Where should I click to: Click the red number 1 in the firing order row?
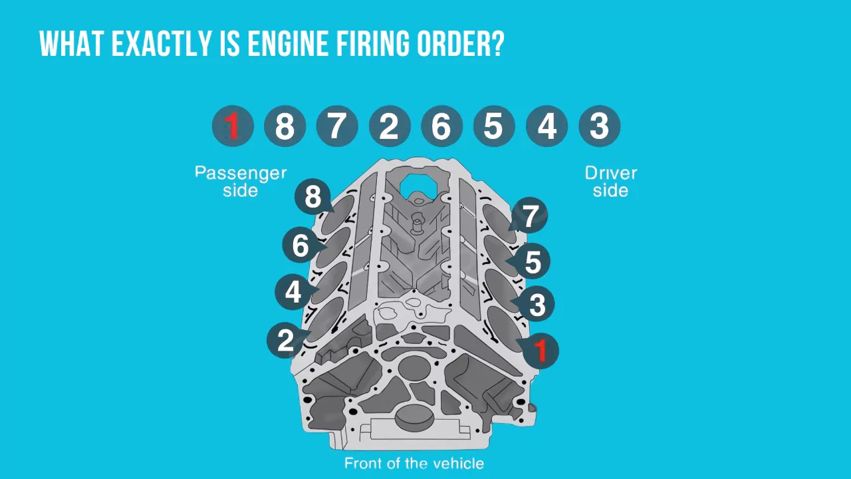(233, 126)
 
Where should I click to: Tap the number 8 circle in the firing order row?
(285, 126)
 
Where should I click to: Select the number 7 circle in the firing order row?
(337, 126)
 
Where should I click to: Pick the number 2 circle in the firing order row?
(390, 126)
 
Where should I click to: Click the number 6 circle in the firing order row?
(441, 126)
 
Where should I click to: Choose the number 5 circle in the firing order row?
(494, 126)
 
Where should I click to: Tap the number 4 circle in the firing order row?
(547, 126)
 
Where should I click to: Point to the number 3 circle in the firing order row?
(599, 126)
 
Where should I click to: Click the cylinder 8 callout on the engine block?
(313, 197)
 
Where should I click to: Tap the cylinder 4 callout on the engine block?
(293, 292)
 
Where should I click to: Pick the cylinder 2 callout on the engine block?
(286, 340)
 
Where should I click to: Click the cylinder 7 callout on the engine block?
(529, 216)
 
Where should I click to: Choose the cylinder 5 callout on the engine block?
(533, 261)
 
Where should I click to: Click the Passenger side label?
(240, 182)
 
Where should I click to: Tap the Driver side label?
(610, 182)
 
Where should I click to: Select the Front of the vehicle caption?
(414, 463)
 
